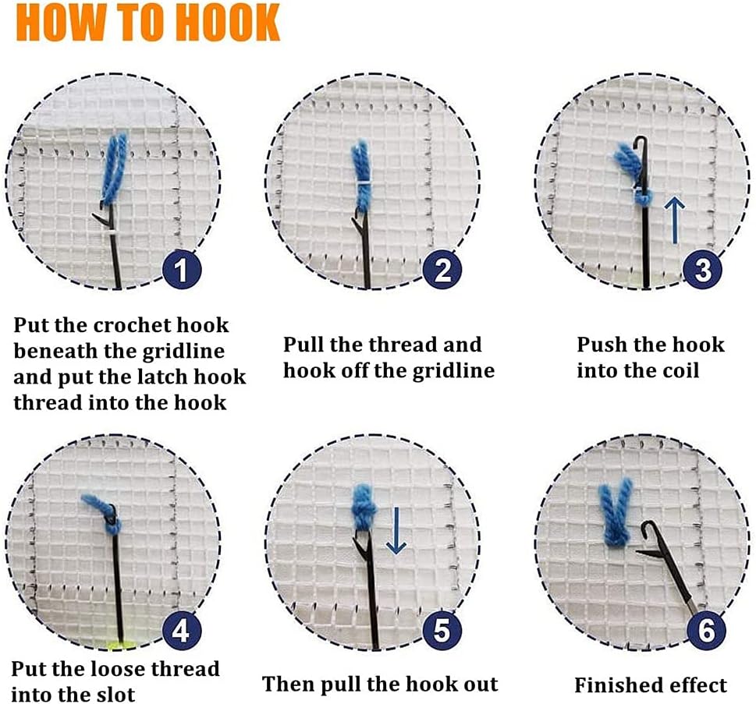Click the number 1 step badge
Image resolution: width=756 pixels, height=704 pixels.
pyautogui.click(x=181, y=270)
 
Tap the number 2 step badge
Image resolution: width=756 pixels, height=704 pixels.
pyautogui.click(x=442, y=270)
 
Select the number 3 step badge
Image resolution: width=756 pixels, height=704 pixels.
pyautogui.click(x=703, y=270)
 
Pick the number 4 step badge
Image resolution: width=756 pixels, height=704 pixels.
pyautogui.click(x=181, y=630)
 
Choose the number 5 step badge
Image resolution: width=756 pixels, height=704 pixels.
pyautogui.click(x=442, y=630)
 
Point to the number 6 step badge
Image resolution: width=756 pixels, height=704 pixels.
pyautogui.click(x=706, y=630)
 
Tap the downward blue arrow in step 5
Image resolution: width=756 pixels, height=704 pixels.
pyautogui.click(x=396, y=530)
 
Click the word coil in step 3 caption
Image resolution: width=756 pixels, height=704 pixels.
pyautogui.click(x=680, y=370)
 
